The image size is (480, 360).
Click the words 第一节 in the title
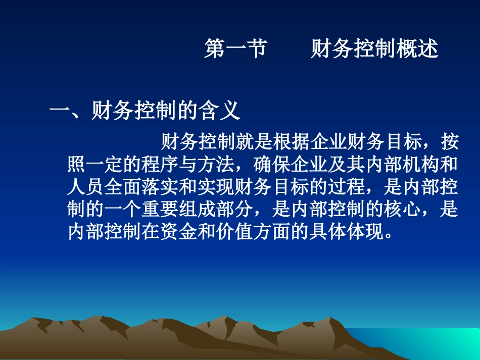(235, 49)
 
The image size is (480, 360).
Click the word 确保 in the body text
(273, 165)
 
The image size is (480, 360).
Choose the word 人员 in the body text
(86, 187)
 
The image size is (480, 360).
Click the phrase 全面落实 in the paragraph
(142, 187)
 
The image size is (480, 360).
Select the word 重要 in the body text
(161, 209)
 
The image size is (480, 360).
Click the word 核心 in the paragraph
(403, 209)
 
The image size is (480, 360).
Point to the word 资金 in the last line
(179, 231)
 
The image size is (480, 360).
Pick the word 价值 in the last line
(235, 231)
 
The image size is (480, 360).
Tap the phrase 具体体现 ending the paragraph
(348, 231)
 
